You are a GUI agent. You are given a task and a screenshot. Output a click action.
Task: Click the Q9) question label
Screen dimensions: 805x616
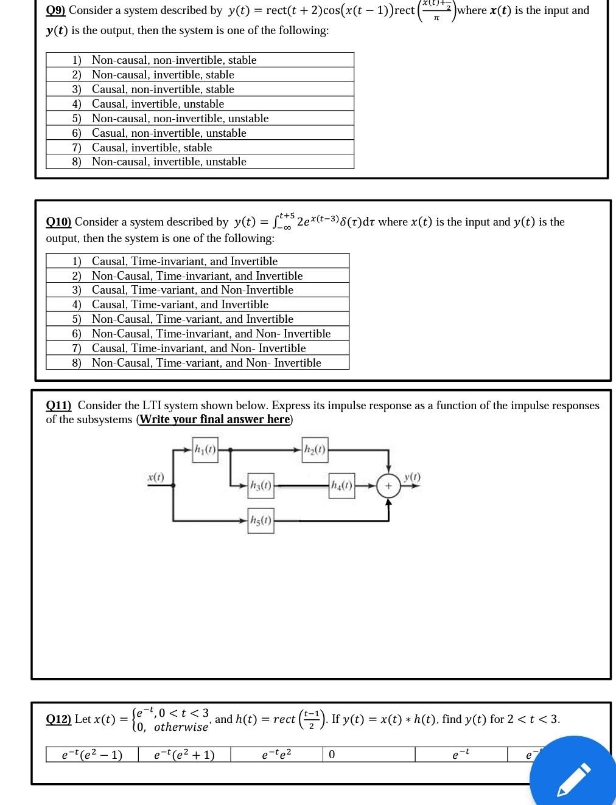(x=56, y=10)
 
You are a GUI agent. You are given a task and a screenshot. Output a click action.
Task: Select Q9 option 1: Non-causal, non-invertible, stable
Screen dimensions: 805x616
(x=174, y=60)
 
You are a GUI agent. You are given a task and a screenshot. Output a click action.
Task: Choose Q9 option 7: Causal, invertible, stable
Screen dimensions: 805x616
(x=152, y=147)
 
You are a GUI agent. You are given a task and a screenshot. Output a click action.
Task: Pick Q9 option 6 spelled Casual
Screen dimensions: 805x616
(x=169, y=133)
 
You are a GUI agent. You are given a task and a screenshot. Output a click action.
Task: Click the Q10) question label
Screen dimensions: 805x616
(x=58, y=222)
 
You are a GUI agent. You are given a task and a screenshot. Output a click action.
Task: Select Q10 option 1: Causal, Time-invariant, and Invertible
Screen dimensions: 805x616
(x=184, y=261)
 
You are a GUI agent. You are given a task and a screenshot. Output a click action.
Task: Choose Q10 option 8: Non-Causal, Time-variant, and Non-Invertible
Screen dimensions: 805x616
(x=206, y=362)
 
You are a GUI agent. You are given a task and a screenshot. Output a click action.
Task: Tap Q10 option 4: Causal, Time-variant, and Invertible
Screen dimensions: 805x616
(x=180, y=304)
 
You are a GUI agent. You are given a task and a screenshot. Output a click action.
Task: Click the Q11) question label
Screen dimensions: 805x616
(x=58, y=406)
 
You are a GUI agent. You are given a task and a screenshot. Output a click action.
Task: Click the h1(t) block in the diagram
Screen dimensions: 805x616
(x=205, y=450)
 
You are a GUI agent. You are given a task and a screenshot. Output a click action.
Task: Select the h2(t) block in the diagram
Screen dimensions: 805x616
(x=315, y=450)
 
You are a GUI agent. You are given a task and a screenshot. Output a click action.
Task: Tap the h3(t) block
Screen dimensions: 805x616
(x=261, y=485)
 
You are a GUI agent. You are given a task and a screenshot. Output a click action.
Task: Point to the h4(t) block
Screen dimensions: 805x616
(x=341, y=485)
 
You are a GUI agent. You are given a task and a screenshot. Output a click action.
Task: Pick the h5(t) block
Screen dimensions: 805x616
(x=261, y=520)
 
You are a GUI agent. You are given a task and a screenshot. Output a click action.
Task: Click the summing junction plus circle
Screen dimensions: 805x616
(x=388, y=486)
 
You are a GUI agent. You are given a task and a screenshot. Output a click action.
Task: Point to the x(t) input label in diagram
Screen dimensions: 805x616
(x=156, y=477)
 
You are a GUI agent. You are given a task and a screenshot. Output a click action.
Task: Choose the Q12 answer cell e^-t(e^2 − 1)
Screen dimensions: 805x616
(x=92, y=755)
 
